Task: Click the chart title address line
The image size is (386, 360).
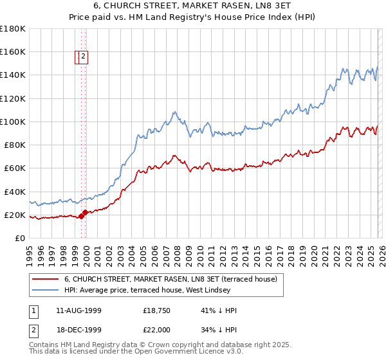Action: coord(193,6)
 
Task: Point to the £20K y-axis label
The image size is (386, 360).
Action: coord(14,215)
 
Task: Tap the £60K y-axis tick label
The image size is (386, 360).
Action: coord(14,168)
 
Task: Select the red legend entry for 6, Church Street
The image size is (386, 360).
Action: coord(170,279)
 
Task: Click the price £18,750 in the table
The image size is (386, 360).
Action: coord(156,310)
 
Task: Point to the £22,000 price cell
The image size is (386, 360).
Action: coord(156,329)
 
